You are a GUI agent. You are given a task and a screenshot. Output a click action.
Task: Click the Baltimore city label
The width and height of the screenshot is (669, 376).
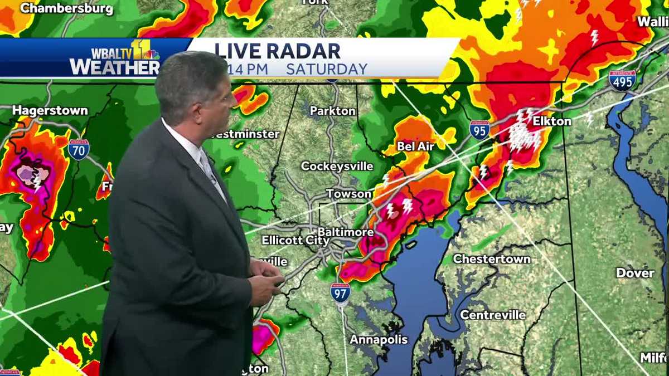click(345, 231)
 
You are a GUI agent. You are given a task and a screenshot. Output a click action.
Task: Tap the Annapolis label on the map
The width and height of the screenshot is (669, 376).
click(379, 339)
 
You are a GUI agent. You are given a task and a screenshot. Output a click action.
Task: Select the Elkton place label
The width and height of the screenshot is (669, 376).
click(551, 121)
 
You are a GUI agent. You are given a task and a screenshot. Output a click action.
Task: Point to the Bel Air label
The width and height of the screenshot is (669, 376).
click(415, 146)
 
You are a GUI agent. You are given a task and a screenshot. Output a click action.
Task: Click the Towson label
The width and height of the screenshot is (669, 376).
click(348, 194)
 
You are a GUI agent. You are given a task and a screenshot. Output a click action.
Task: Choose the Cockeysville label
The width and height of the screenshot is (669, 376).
click(336, 166)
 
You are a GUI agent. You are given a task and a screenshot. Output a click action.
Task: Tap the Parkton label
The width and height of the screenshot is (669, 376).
click(332, 111)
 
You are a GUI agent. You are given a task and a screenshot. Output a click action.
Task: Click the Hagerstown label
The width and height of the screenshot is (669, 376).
click(50, 110)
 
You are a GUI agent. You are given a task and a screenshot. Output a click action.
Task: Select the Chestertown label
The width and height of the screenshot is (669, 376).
click(491, 259)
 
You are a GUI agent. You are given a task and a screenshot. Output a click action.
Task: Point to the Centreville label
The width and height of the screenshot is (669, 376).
click(492, 315)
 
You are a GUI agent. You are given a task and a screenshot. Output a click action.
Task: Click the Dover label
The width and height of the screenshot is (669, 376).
click(635, 273)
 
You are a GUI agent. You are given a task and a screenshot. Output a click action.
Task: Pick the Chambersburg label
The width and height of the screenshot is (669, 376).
click(66, 9)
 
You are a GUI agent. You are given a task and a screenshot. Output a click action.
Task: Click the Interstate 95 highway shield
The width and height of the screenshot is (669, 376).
click(479, 130)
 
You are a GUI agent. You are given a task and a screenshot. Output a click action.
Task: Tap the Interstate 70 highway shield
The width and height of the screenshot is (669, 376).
click(79, 149)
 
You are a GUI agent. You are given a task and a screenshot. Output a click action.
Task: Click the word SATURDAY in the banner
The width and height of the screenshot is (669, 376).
click(327, 69)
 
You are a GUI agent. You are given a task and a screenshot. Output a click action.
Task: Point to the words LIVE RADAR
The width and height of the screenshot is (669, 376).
click(278, 51)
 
